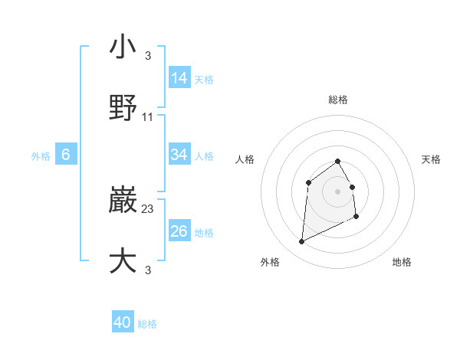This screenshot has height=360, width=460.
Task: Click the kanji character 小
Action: tap(123, 47)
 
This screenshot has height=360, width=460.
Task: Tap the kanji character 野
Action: tap(123, 107)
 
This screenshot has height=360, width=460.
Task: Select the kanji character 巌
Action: tap(123, 201)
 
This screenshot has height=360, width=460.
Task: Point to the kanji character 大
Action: tap(123, 260)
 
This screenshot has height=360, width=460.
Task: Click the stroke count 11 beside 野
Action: tap(148, 117)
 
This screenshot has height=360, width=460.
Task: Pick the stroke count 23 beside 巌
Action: tap(148, 208)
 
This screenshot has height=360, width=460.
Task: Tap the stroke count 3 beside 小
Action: tap(148, 56)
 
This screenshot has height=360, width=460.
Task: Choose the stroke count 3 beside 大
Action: tap(148, 269)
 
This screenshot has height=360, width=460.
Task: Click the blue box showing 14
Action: tap(179, 77)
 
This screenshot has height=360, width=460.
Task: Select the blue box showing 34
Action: tap(179, 155)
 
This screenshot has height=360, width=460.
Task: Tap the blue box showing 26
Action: tap(179, 231)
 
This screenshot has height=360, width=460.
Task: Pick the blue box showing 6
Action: tap(66, 155)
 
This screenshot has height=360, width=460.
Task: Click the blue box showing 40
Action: tap(123, 322)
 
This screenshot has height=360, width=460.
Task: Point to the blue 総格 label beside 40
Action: tap(148, 324)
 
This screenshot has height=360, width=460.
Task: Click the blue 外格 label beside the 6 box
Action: tap(41, 156)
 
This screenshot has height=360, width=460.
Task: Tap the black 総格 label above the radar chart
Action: tap(337, 100)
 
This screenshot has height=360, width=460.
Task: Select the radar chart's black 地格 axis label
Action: tap(402, 262)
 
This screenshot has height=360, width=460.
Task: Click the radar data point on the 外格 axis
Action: tap(301, 242)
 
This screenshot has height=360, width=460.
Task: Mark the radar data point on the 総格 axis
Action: tap(337, 161)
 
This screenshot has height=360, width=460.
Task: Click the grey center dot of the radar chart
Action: tap(337, 191)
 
